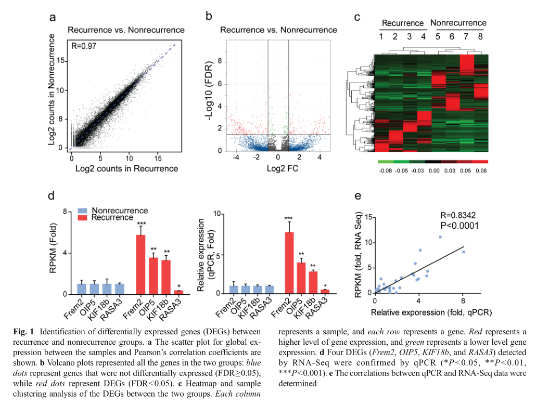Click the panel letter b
click(209, 17)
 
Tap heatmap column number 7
click(466, 37)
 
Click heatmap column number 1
click(381, 37)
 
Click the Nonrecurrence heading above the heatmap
click(458, 23)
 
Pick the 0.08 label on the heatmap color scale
click(481, 170)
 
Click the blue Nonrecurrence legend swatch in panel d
click(82, 211)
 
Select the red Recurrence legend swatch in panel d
click(82, 217)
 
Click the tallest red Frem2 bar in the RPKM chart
click(141, 265)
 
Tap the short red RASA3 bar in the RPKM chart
click(179, 292)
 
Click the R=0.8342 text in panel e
click(458, 215)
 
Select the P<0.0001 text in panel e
click(458, 226)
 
